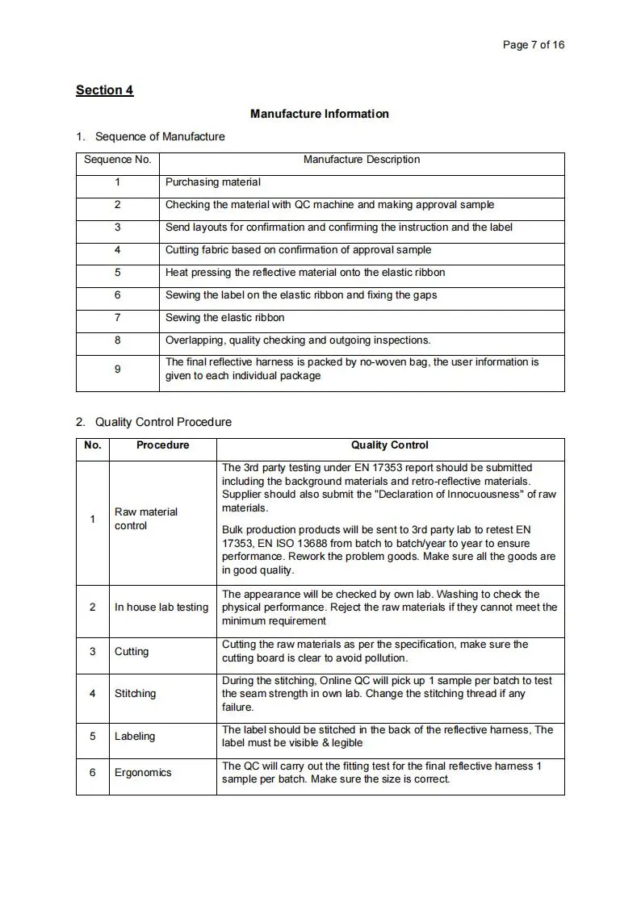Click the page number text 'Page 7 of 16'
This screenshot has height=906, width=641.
tap(533, 44)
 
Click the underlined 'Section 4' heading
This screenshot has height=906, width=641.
tap(104, 90)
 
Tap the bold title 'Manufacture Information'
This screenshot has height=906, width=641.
tap(319, 114)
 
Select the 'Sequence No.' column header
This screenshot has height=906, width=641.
tap(118, 160)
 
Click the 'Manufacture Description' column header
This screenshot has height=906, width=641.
tap(361, 160)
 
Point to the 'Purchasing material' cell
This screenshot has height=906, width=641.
tap(213, 182)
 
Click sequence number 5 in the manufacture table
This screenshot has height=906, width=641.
tap(118, 273)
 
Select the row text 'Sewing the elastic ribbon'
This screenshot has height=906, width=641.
tap(224, 318)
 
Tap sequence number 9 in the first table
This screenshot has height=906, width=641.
tap(118, 369)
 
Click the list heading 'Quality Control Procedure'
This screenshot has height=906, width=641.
tap(163, 422)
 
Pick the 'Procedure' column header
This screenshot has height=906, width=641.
tap(162, 445)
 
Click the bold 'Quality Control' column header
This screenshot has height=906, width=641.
tap(389, 445)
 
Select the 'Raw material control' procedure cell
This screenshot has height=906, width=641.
tap(146, 519)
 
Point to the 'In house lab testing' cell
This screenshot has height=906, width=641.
tap(161, 607)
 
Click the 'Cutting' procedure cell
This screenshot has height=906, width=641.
tap(132, 651)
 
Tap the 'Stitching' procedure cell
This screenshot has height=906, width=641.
tap(136, 693)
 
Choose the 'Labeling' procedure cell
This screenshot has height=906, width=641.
tap(135, 736)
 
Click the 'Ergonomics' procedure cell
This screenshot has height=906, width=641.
tap(143, 772)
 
